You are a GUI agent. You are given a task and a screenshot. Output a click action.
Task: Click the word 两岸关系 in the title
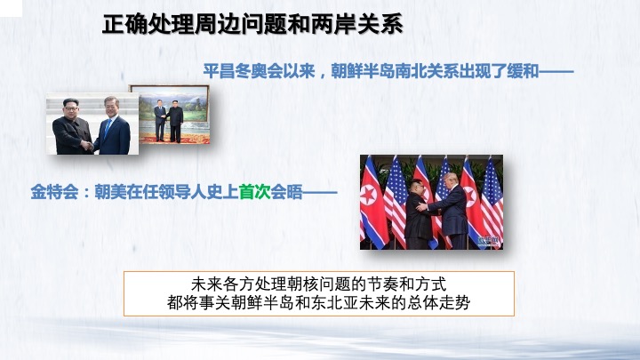tap(356, 25)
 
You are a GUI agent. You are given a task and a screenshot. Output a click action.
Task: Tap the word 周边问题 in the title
tap(241, 25)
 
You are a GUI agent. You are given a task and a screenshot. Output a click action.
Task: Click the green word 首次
tap(255, 192)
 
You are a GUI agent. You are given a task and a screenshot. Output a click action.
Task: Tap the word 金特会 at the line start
tap(55, 192)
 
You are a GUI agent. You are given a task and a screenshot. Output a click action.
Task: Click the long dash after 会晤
tap(320, 192)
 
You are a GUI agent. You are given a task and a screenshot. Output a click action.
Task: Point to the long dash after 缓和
tap(556, 71)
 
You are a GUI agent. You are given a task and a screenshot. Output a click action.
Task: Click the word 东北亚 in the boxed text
tap(335, 303)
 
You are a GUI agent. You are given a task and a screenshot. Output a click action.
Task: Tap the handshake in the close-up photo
tap(88, 146)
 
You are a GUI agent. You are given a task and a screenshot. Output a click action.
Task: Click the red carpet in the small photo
tap(175, 139)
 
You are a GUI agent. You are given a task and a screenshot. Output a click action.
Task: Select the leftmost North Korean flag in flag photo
tap(372, 203)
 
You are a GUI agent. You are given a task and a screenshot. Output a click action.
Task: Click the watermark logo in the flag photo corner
tap(489, 241)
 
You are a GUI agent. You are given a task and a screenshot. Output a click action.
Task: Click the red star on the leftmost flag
tap(368, 195)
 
